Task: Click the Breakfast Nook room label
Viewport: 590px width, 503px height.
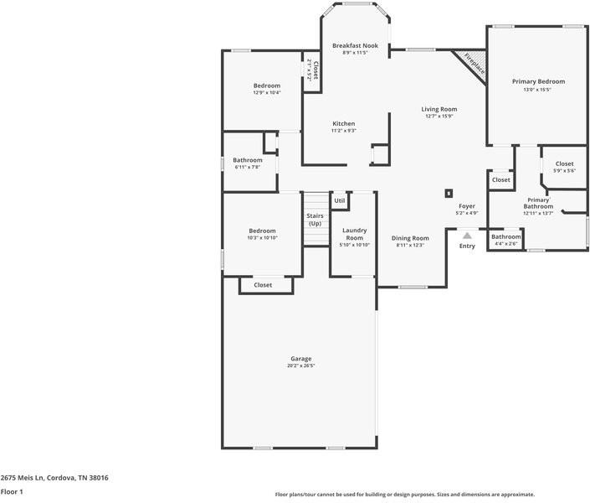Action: pyautogui.click(x=355, y=45)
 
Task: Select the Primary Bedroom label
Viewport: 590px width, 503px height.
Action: pyautogui.click(x=538, y=81)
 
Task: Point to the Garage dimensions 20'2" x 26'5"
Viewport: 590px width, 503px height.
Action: pyautogui.click(x=300, y=366)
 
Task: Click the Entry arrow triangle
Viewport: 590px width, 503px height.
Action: pyautogui.click(x=467, y=236)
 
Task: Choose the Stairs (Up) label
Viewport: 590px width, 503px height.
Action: pyautogui.click(x=315, y=220)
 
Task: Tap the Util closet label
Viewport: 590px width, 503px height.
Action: pyautogui.click(x=340, y=200)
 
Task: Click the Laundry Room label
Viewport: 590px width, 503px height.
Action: pyautogui.click(x=354, y=234)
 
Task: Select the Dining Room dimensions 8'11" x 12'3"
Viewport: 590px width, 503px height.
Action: pyautogui.click(x=409, y=245)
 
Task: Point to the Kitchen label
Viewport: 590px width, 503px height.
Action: pyautogui.click(x=343, y=123)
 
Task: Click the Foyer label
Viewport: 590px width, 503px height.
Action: pyautogui.click(x=467, y=206)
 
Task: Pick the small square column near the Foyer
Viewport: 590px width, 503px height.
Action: pyautogui.click(x=449, y=193)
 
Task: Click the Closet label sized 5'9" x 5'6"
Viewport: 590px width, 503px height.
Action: pyautogui.click(x=564, y=163)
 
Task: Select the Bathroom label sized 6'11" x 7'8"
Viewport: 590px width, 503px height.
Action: pyautogui.click(x=248, y=160)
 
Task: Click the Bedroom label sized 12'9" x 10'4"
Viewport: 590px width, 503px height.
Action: pyautogui.click(x=267, y=86)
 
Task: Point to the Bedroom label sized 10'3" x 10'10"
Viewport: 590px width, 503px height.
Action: pyautogui.click(x=262, y=231)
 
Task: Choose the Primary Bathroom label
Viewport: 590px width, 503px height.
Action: pyautogui.click(x=538, y=203)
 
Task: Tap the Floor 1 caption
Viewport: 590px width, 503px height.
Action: pyautogui.click(x=12, y=492)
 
